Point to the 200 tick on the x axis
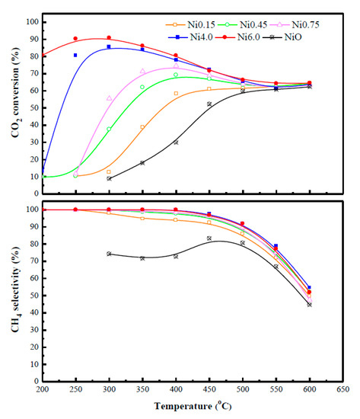click(42, 388)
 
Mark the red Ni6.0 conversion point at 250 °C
click(75, 38)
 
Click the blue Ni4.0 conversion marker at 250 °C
click(75, 55)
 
